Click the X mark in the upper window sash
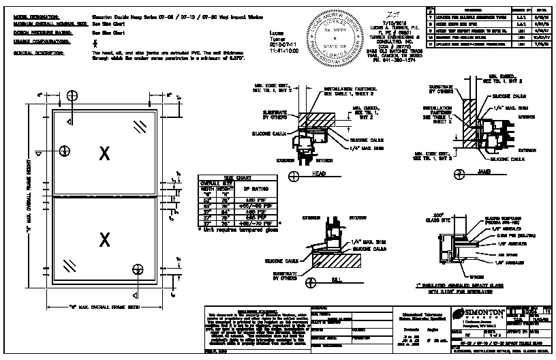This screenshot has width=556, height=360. click(104, 153)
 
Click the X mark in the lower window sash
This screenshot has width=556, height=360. click(104, 239)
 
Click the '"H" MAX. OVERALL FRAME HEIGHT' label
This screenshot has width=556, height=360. click(31, 194)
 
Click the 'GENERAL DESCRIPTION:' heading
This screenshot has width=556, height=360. click(34, 52)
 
